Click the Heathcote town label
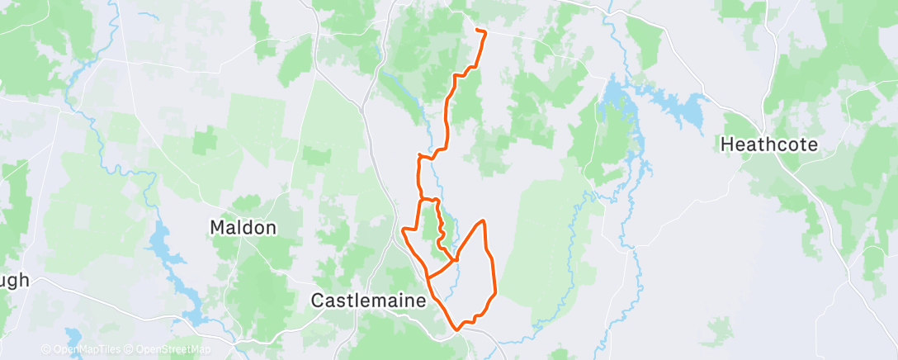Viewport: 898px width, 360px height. [x=769, y=144]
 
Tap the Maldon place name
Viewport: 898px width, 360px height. [x=243, y=227]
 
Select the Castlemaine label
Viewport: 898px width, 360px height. [x=368, y=301]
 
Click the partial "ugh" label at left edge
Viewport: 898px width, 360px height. [x=14, y=280]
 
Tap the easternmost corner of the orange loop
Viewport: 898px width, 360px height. [x=494, y=292]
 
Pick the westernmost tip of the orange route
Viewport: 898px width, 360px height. [x=402, y=230]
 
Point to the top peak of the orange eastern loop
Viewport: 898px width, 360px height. [x=483, y=221]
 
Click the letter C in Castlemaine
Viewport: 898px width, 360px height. [x=317, y=301]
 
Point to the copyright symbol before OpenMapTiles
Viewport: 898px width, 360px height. [x=47, y=350]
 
